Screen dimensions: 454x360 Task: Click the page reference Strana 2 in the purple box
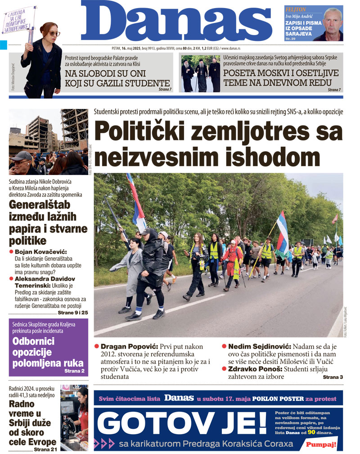click(74, 371)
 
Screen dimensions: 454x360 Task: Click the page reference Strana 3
click(333, 377)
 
